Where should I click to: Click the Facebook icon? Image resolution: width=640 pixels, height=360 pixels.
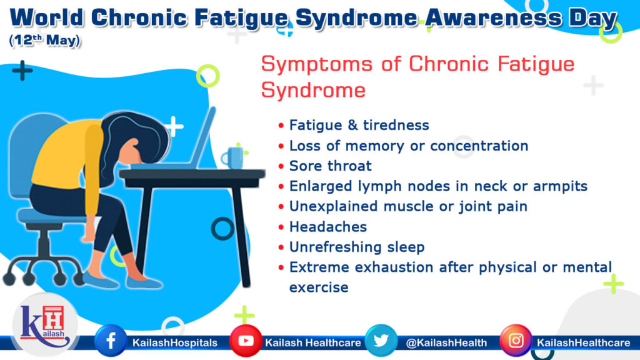click(x=110, y=341)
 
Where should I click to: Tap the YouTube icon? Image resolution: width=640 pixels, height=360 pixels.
click(x=246, y=341)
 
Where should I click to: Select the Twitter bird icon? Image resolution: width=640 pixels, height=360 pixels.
click(x=381, y=341)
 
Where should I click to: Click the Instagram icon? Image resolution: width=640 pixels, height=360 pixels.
click(x=516, y=341)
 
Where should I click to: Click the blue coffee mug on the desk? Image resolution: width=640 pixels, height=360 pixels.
click(x=233, y=157)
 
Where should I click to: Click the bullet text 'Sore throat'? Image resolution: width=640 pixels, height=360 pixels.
click(x=330, y=166)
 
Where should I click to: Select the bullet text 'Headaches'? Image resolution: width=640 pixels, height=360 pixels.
click(x=327, y=226)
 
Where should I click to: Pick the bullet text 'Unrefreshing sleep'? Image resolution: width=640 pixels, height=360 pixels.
click(x=356, y=247)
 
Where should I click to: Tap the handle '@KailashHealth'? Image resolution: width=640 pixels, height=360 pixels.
click(x=446, y=342)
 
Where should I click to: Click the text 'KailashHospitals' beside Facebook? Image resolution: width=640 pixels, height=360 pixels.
click(x=174, y=342)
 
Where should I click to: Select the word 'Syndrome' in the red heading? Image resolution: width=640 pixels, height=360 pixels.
click(x=313, y=90)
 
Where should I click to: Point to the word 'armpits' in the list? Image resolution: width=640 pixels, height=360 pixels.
click(x=564, y=186)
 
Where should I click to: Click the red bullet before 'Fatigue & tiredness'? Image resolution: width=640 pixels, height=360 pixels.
click(x=281, y=126)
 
